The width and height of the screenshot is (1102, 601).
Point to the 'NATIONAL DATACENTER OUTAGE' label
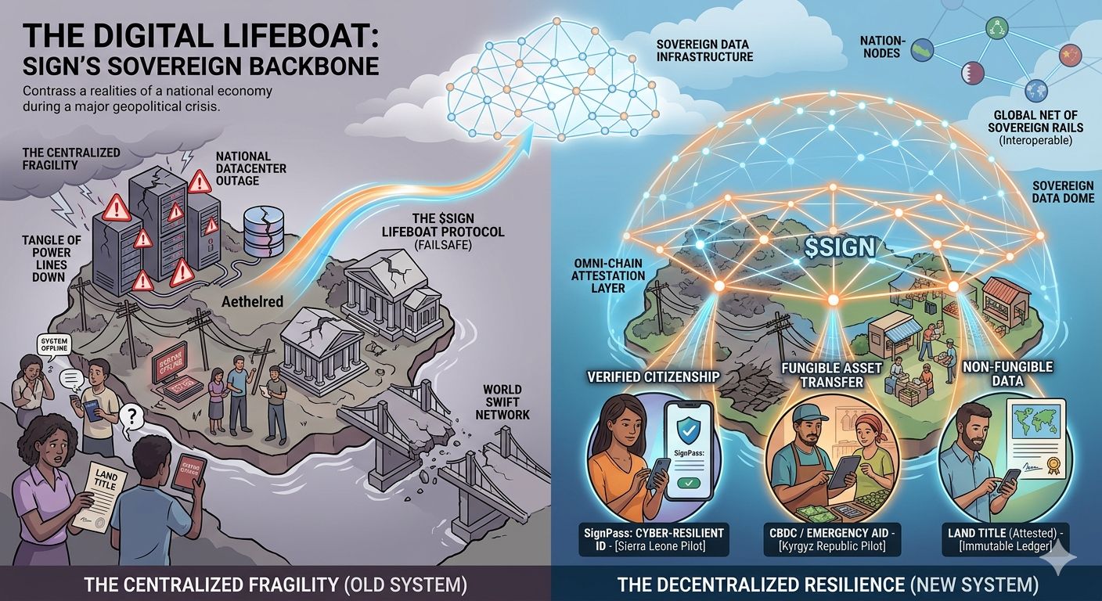pyautogui.click(x=251, y=169)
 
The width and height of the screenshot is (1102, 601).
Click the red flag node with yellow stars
pyautogui.click(x=1069, y=55)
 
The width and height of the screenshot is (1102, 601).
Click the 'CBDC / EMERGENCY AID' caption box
pyautogui.click(x=830, y=539)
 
